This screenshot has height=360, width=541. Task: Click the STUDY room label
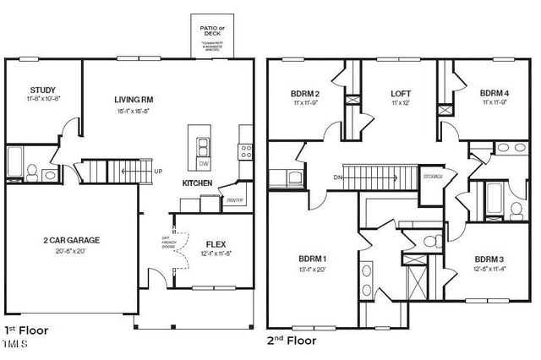(42, 90)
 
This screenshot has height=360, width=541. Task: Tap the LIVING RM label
(134, 100)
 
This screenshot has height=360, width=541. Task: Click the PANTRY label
(235, 200)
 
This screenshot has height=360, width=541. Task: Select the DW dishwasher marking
(203, 164)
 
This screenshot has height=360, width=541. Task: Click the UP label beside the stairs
(157, 172)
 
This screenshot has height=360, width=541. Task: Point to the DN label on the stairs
(337, 177)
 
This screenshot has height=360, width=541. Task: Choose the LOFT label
(401, 93)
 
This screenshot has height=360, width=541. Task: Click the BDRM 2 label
(305, 93)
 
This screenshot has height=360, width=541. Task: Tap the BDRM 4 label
(495, 93)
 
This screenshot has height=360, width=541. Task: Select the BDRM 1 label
(311, 259)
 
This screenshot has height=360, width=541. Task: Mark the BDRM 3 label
(489, 259)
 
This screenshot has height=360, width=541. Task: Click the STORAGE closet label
(432, 176)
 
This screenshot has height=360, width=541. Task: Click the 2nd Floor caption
(292, 341)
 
